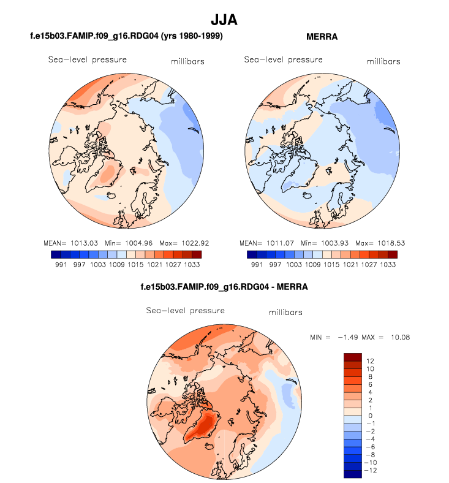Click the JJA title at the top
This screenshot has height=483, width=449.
pos(224,20)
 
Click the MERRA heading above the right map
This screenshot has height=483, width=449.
pos(322,37)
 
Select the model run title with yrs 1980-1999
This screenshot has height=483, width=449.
pos(126,37)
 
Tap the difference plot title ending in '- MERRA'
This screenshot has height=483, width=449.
pos(224,286)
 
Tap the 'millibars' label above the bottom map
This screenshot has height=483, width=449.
pos(285,313)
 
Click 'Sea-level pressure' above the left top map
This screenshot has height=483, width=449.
pos(88,59)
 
